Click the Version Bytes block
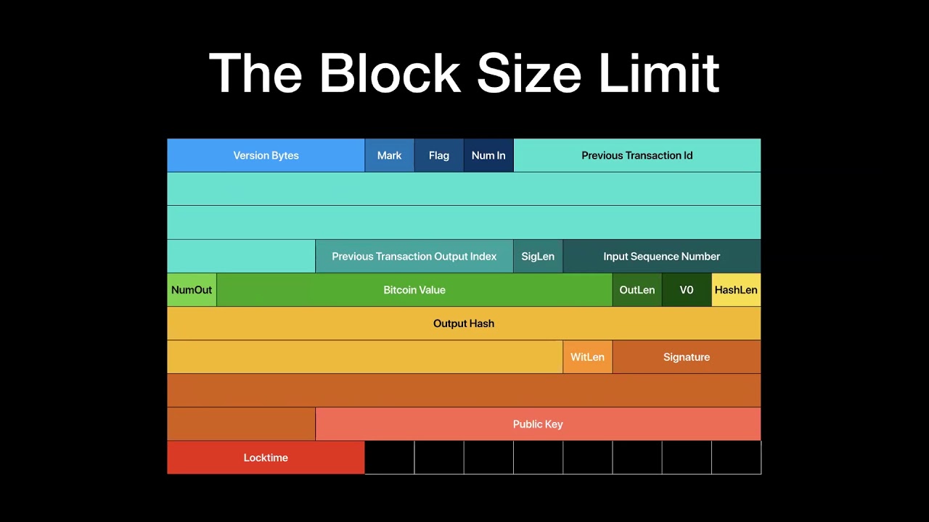click(x=266, y=155)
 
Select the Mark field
click(x=390, y=155)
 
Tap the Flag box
click(x=439, y=155)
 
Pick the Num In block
click(x=488, y=155)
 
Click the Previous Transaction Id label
click(x=637, y=156)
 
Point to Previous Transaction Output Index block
click(x=414, y=257)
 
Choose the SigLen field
click(x=538, y=257)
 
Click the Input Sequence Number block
click(x=662, y=257)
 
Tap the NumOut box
click(x=192, y=290)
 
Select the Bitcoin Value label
click(x=414, y=290)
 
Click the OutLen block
click(x=637, y=290)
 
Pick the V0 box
click(x=687, y=290)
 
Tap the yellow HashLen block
click(x=736, y=290)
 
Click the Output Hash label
click(x=464, y=323)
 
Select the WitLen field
click(x=588, y=357)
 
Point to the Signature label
click(x=687, y=357)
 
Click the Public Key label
click(x=538, y=424)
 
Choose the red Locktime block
click(x=266, y=457)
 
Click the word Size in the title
click(x=529, y=73)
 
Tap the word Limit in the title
click(x=659, y=73)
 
